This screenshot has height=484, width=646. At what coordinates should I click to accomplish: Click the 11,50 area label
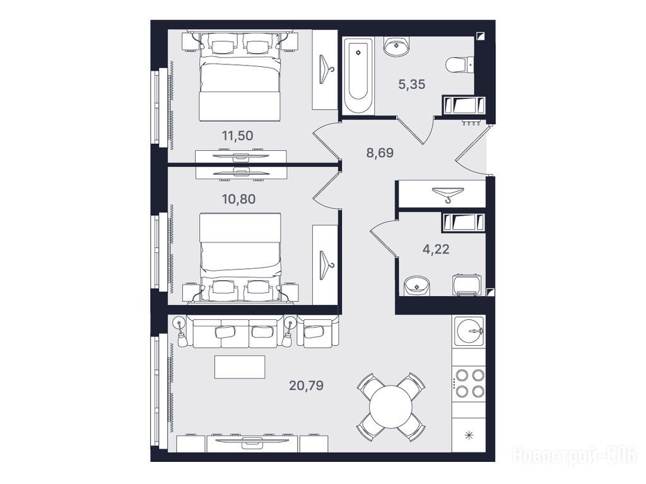coord(237,136)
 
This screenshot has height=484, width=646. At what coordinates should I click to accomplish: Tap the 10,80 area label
coord(238,199)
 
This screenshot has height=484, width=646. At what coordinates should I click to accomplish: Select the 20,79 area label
coord(306,386)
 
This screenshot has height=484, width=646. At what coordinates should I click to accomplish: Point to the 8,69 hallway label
coord(380,153)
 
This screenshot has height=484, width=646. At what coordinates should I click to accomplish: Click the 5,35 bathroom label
coord(411,85)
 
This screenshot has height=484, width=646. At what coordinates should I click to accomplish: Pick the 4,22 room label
coord(436,249)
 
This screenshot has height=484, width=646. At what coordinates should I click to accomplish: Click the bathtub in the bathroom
coord(358,76)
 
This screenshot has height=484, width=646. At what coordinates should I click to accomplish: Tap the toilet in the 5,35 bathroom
coord(460,65)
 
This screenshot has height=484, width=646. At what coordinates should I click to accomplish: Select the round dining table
coord(391,406)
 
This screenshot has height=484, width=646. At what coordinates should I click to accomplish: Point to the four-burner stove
coord(469,383)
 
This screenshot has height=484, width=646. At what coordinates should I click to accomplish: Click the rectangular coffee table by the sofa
coord(239,367)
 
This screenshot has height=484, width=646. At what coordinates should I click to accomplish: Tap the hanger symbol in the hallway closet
coord(448,194)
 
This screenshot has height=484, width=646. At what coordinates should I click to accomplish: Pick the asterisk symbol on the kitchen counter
coord(469,435)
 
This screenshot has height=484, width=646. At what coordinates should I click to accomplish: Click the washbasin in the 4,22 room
coord(417,285)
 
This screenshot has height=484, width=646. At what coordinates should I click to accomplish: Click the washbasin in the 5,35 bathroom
coord(396,46)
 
